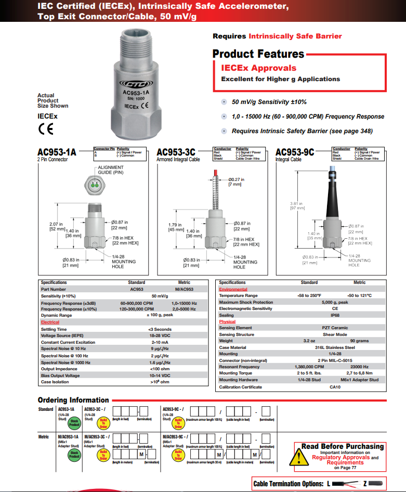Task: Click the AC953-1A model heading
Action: click(x=57, y=152)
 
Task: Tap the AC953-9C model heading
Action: click(x=295, y=152)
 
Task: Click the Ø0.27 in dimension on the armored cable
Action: click(x=236, y=179)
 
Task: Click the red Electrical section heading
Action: click(x=50, y=322)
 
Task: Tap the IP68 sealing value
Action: click(x=334, y=315)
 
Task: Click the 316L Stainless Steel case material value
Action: click(x=334, y=347)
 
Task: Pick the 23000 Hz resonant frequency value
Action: click(x=359, y=367)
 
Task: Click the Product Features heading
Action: click(x=258, y=54)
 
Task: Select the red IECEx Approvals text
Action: click(x=258, y=68)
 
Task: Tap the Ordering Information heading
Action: click(x=73, y=400)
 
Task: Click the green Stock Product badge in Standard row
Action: click(x=74, y=423)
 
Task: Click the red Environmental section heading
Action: click(x=233, y=289)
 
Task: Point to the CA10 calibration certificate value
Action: click(x=334, y=387)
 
